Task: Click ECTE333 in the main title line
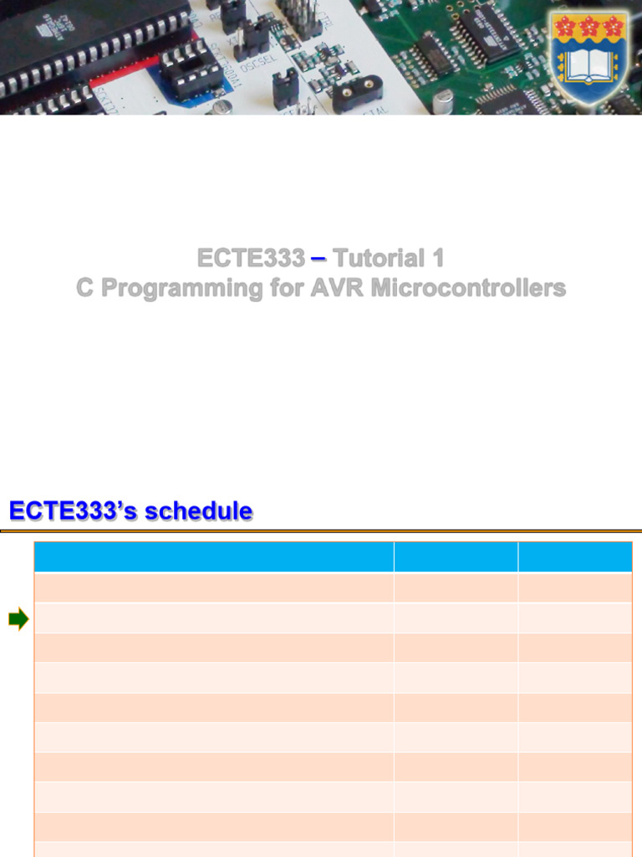pyautogui.click(x=251, y=258)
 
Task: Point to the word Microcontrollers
pyautogui.click(x=468, y=288)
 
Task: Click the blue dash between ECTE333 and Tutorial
pyautogui.click(x=318, y=259)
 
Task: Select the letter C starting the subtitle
pyautogui.click(x=85, y=288)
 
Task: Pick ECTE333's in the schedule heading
pyautogui.click(x=74, y=511)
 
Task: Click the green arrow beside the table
pyautogui.click(x=18, y=620)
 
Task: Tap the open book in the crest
pyautogui.click(x=589, y=64)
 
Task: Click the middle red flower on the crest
pyautogui.click(x=589, y=28)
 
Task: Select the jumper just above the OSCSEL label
pyautogui.click(x=252, y=36)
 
